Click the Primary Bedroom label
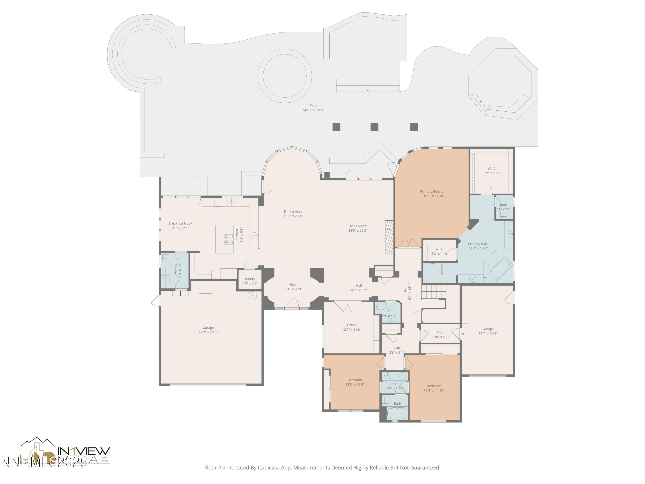(434, 192)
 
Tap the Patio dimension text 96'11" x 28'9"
(313, 110)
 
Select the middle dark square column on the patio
(374, 127)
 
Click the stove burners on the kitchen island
(228, 239)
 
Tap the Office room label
(351, 325)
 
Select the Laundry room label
(175, 270)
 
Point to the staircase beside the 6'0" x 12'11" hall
(434, 292)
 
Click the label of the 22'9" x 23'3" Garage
(208, 328)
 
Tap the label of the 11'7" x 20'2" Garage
(488, 329)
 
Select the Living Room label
(358, 226)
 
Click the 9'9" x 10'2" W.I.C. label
(492, 169)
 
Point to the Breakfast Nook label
(180, 224)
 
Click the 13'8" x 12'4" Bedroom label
(355, 380)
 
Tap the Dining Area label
(293, 211)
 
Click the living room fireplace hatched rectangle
(389, 236)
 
